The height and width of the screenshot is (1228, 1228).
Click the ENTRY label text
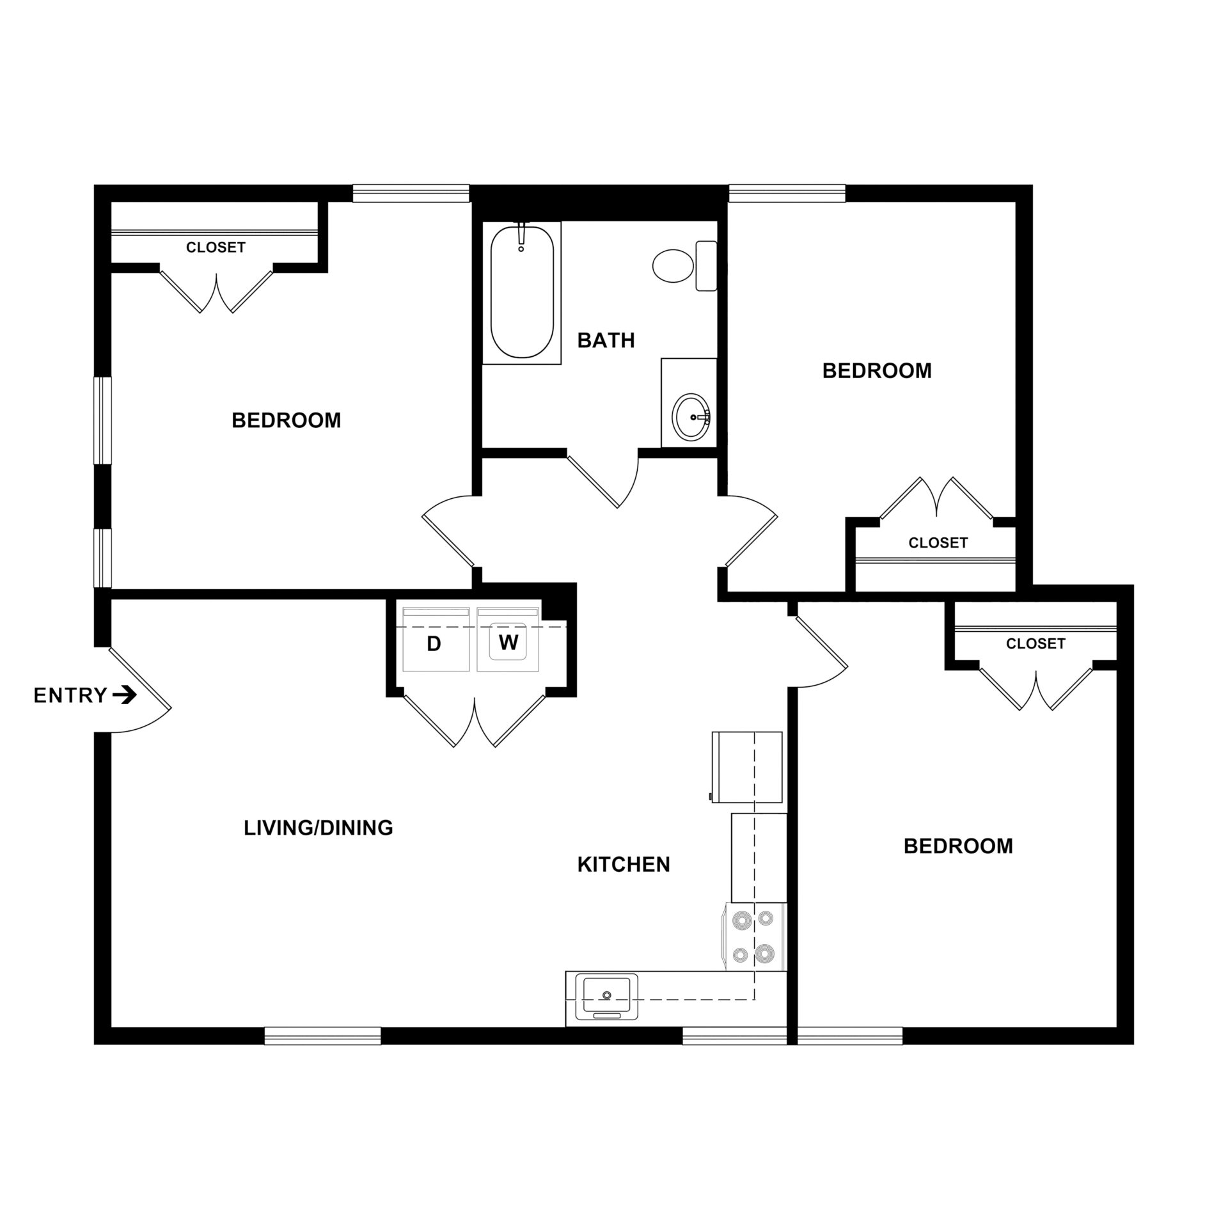point(70,695)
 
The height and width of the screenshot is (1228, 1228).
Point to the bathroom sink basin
point(691,416)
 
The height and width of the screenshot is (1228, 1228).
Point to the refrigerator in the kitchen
point(747,767)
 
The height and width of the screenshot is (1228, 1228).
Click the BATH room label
point(606,340)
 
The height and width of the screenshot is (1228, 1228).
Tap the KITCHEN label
point(624,865)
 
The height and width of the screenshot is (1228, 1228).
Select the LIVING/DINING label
point(318,828)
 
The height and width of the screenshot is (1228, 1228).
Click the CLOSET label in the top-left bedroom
point(216,247)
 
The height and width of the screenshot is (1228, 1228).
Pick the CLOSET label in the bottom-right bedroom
point(1035,643)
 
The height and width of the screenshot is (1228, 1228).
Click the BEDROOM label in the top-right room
point(877,371)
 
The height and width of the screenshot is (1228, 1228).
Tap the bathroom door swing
point(608,480)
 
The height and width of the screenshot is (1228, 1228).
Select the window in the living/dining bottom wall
point(322,1035)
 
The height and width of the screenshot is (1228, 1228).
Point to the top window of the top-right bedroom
point(787,193)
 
